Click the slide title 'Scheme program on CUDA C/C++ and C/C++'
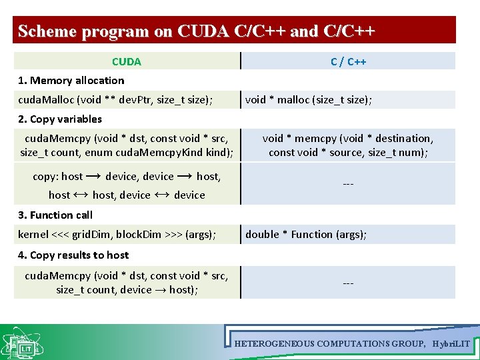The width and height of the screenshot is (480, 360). pyautogui.click(x=197, y=31)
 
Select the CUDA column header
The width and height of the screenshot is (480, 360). pyautogui.click(x=127, y=61)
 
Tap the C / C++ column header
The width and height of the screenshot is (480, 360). pyautogui.click(x=348, y=61)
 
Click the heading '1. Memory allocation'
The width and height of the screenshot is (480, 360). pyautogui.click(x=71, y=81)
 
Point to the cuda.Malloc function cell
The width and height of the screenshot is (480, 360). pyautogui.click(x=116, y=100)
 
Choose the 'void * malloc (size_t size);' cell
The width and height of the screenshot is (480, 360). pyautogui.click(x=309, y=100)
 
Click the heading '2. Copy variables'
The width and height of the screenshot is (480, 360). pyautogui.click(x=60, y=119)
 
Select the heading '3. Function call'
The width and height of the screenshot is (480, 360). pyautogui.click(x=55, y=215)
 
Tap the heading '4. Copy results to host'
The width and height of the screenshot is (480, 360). pyautogui.click(x=73, y=255)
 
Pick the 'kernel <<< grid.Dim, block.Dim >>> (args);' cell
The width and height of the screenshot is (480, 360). pyautogui.click(x=117, y=234)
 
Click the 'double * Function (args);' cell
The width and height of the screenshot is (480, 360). pyautogui.click(x=306, y=234)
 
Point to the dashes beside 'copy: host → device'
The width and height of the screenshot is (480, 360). pyautogui.click(x=348, y=183)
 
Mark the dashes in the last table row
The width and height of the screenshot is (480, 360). pyautogui.click(x=348, y=283)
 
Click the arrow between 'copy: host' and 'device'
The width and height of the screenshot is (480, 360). pyautogui.click(x=94, y=177)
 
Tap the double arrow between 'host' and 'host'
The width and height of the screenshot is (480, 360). pyautogui.click(x=81, y=195)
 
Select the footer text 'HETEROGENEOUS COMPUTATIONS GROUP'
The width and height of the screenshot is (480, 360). pyautogui.click(x=329, y=343)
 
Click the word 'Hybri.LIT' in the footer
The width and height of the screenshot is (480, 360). pyautogui.click(x=451, y=343)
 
